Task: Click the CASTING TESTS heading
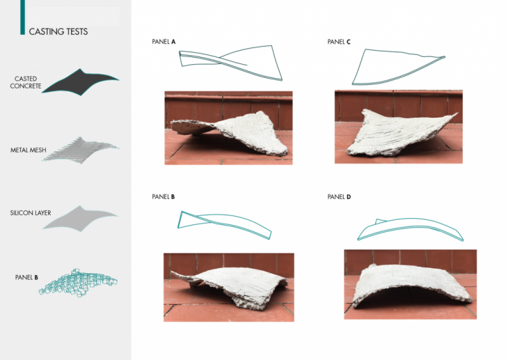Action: [58, 31]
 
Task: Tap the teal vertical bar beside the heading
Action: [22, 17]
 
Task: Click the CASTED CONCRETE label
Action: [26, 82]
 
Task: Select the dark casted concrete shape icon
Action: [80, 82]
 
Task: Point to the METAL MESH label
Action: [29, 150]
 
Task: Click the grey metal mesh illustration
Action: [80, 150]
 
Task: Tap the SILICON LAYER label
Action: [31, 213]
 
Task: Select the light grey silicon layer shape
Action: [80, 219]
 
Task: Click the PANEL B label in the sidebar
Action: [26, 277]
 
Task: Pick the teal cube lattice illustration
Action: [78, 283]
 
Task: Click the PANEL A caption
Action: [164, 42]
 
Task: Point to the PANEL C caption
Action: [339, 42]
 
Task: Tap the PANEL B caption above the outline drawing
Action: [164, 196]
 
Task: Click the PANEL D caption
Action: [339, 196]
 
